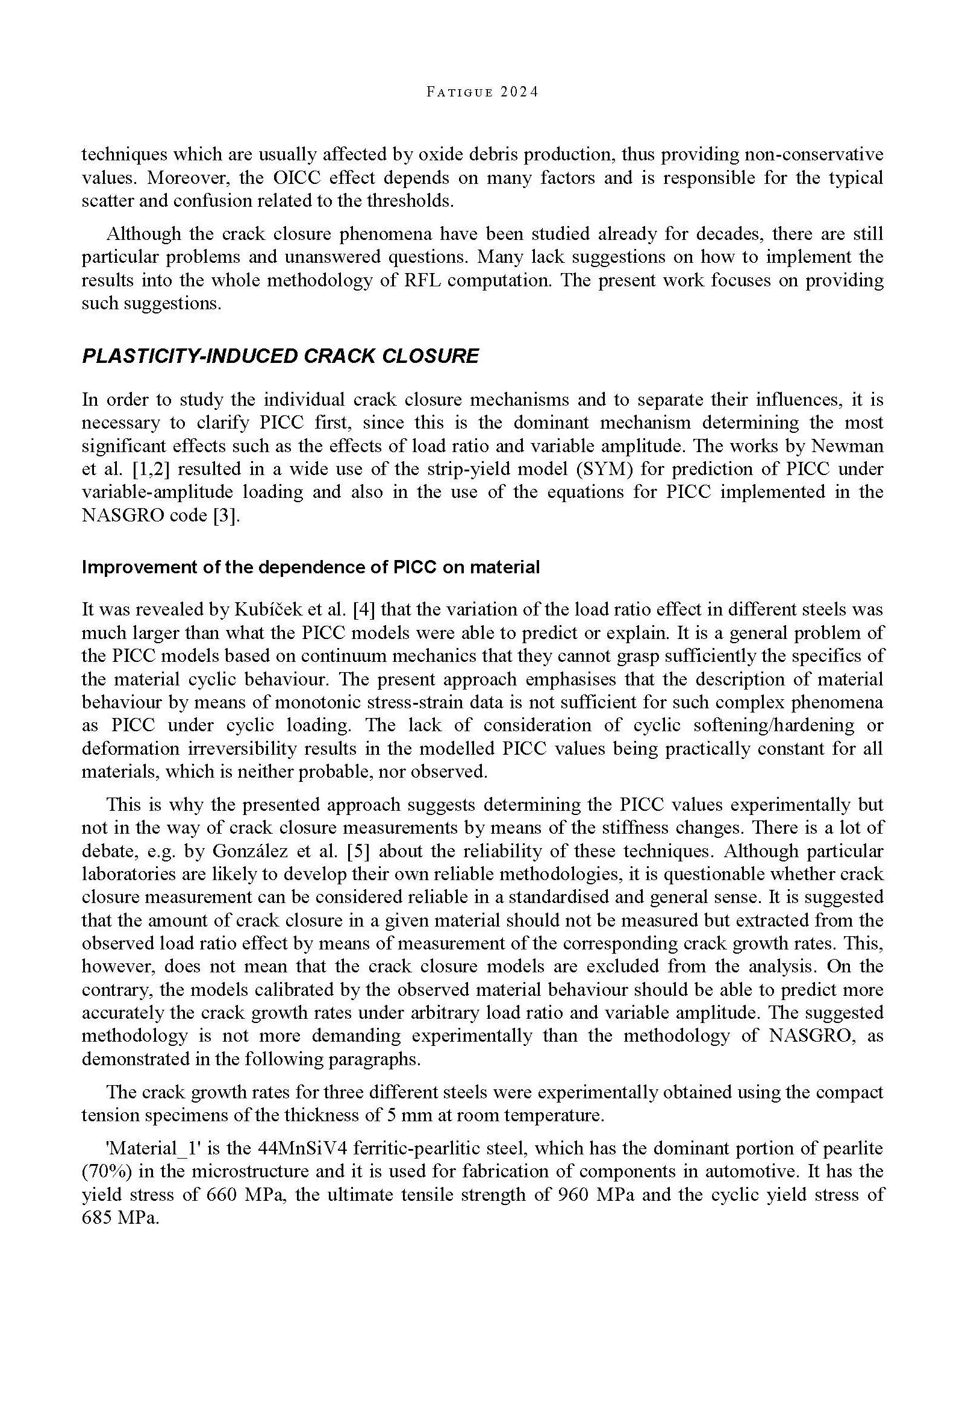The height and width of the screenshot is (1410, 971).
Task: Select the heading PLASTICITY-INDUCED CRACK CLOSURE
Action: click(280, 356)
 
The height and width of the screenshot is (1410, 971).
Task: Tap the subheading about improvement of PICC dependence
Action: click(310, 567)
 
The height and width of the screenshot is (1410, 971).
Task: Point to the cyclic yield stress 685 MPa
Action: click(119, 1218)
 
